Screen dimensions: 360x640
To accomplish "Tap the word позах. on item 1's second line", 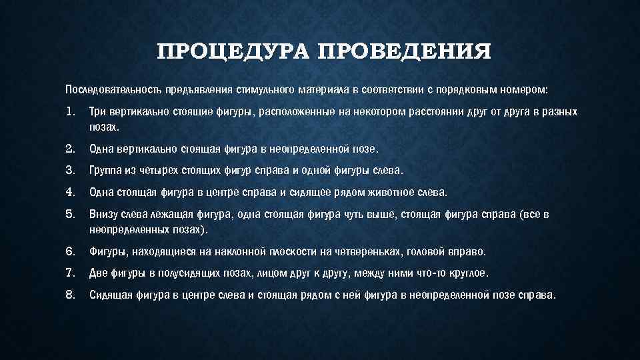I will click(105, 126).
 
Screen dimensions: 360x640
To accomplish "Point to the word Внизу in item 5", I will click(103, 215).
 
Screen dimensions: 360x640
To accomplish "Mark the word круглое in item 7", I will click(469, 273).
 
